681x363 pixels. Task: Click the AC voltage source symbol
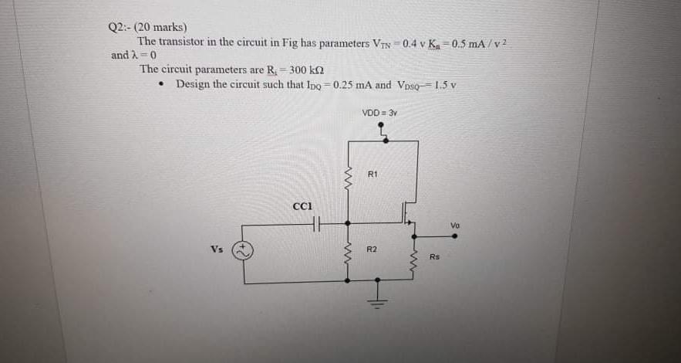point(244,250)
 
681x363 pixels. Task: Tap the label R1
point(373,175)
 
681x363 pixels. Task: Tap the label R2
point(372,249)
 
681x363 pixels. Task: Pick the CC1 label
point(302,206)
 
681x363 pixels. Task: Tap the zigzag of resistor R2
point(349,253)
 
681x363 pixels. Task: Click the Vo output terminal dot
point(454,236)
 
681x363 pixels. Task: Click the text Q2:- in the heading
point(120,29)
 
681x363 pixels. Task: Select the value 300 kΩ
point(306,70)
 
